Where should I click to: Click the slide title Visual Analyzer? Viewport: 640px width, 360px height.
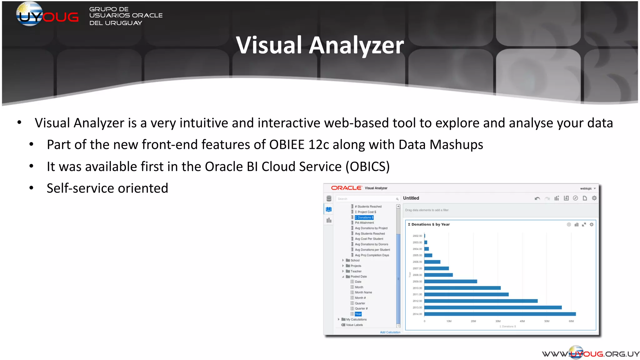coord(320,45)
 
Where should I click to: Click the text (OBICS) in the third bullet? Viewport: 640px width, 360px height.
coord(367,167)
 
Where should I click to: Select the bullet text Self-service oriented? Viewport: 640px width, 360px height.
coord(107,188)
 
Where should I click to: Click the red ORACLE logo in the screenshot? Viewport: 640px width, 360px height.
coord(346,188)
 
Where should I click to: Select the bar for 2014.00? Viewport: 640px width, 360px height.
coord(500,314)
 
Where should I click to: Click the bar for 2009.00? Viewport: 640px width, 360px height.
coord(450,282)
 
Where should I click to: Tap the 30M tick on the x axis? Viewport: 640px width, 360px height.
coord(498,321)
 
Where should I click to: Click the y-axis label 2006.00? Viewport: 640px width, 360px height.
coord(417,262)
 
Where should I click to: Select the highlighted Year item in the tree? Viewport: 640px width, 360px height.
coord(358,314)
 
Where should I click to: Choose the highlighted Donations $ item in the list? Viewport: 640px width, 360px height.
coord(364,217)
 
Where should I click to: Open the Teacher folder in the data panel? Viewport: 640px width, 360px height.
coord(356,271)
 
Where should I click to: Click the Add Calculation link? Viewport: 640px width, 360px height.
coord(390,332)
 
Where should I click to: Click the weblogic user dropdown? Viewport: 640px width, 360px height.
coord(588,188)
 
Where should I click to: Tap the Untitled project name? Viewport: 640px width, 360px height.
coord(411,198)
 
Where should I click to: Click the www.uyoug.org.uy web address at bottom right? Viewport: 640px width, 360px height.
coord(590,354)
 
